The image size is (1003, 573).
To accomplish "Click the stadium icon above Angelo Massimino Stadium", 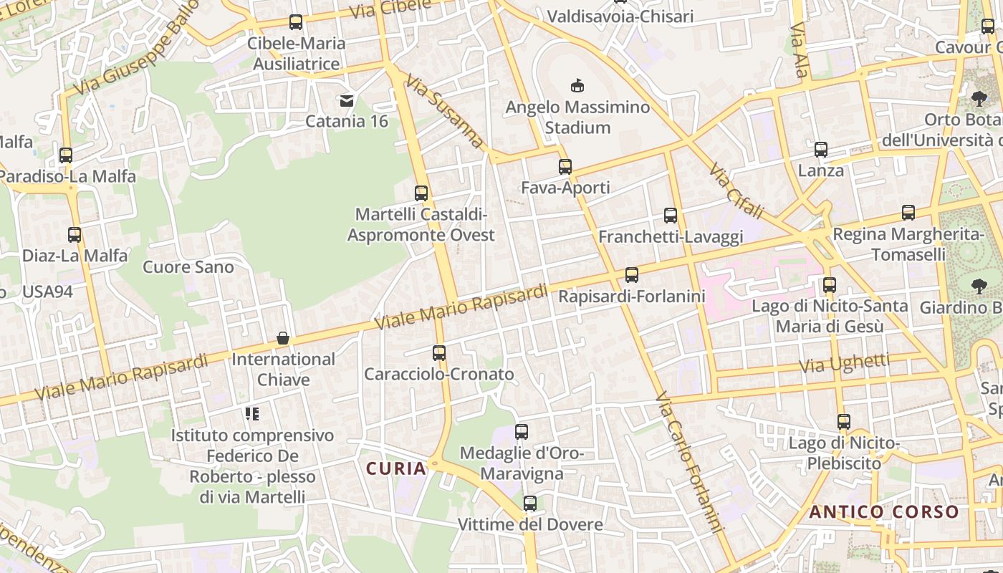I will pyautogui.click(x=577, y=86).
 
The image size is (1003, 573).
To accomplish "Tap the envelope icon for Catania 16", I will pyautogui.click(x=347, y=100).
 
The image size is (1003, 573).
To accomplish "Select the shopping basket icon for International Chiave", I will pyautogui.click(x=283, y=338).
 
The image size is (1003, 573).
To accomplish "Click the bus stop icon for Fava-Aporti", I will pyautogui.click(x=565, y=167).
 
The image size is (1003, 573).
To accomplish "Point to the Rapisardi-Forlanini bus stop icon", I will pyautogui.click(x=631, y=275).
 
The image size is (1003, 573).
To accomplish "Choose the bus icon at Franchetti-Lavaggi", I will pyautogui.click(x=671, y=216).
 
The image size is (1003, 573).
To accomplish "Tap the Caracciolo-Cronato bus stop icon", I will pyautogui.click(x=439, y=353).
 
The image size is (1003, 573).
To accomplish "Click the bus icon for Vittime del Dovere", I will pyautogui.click(x=530, y=504).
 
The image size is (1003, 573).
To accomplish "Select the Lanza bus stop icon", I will pyautogui.click(x=821, y=150).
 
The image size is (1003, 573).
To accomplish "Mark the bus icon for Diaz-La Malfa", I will pyautogui.click(x=75, y=234).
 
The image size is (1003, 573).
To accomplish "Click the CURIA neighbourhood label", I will pyautogui.click(x=396, y=468).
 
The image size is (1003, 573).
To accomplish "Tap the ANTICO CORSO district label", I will pyautogui.click(x=884, y=512).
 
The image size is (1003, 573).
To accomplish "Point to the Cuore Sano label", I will pyautogui.click(x=188, y=267).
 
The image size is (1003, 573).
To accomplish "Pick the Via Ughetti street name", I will pyautogui.click(x=845, y=363).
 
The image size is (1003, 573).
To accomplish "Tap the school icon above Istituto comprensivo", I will pyautogui.click(x=251, y=413).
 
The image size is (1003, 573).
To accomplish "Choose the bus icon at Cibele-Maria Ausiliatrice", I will pyautogui.click(x=296, y=22).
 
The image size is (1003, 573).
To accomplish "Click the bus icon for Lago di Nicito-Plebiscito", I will pyautogui.click(x=844, y=422).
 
